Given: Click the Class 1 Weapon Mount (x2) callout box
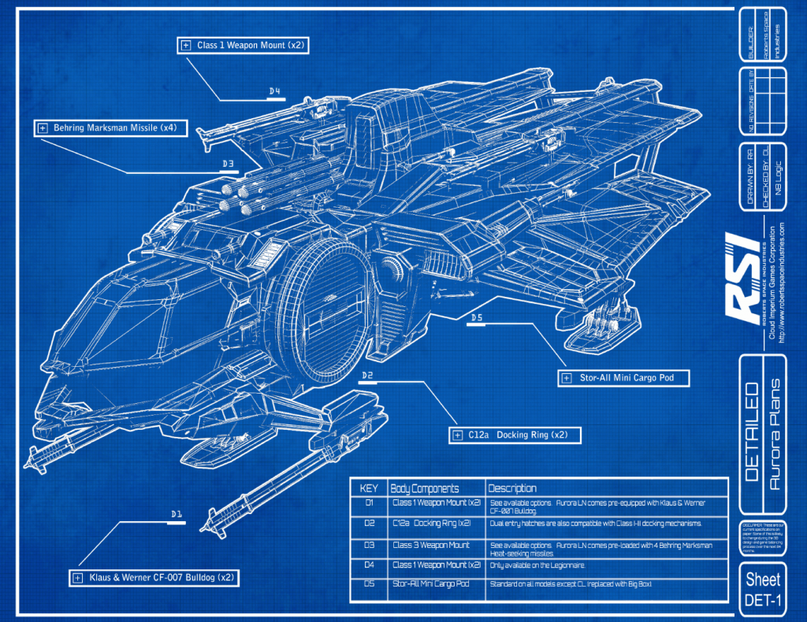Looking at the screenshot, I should (242, 46).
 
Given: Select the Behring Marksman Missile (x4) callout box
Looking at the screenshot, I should (110, 128).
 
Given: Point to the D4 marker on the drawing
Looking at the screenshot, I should (275, 92).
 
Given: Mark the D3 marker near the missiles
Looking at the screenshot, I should (229, 165).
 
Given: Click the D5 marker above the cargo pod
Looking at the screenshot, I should (476, 318).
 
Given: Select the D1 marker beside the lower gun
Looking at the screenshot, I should (177, 515).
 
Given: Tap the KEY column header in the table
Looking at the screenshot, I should (369, 488).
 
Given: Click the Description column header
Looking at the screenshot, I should (512, 488).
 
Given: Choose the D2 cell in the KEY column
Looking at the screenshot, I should (369, 524).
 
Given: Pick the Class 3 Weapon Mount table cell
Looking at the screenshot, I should (431, 545).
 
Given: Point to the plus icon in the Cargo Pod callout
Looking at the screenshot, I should (566, 379).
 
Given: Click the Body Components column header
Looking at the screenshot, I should (425, 488).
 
